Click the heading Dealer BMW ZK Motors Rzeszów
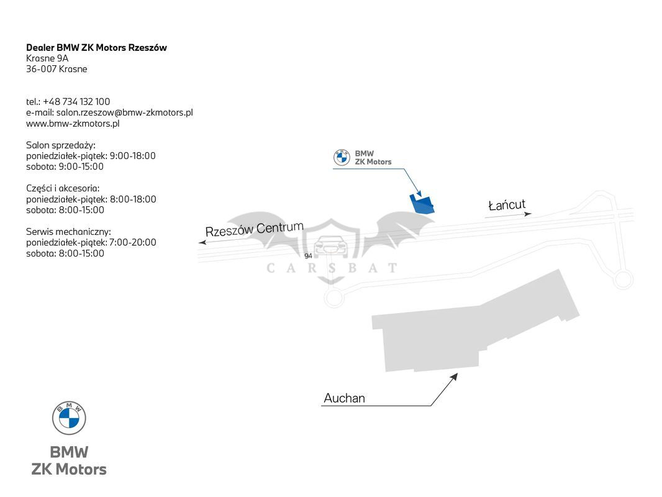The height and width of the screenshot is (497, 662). pyautogui.click(x=96, y=47)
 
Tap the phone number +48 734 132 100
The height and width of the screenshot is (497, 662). pyautogui.click(x=76, y=101)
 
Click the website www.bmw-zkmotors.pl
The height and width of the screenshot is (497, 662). pyautogui.click(x=73, y=123)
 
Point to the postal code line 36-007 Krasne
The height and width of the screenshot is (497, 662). pyautogui.click(x=57, y=69)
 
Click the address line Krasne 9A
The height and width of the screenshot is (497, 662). pyautogui.click(x=47, y=58)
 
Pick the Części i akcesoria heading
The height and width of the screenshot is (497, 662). pyautogui.click(x=63, y=188)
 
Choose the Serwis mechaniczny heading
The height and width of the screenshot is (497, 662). pyautogui.click(x=68, y=232)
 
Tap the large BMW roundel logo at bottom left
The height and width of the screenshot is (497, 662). pyautogui.click(x=69, y=417)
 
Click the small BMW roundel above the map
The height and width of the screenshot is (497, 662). pyautogui.click(x=342, y=157)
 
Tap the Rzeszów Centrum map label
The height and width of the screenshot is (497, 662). pyautogui.click(x=255, y=229)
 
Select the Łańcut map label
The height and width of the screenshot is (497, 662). pyautogui.click(x=507, y=205)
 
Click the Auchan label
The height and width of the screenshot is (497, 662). pyautogui.click(x=344, y=398)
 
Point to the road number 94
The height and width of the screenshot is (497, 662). pyautogui.click(x=308, y=256)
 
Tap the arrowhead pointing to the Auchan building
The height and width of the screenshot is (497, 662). pyautogui.click(x=454, y=376)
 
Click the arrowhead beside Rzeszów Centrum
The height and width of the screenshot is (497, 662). pyautogui.click(x=202, y=242)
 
